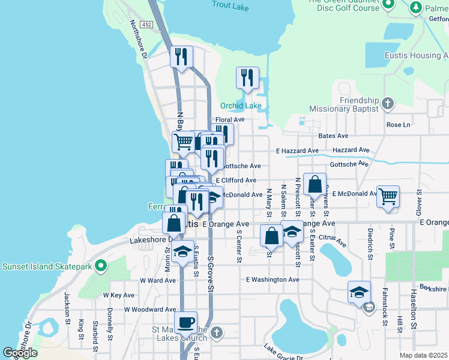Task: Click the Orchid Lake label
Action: coord(241,106)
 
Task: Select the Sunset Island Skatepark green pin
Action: coord(101,265)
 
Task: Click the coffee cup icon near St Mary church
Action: coord(185,322)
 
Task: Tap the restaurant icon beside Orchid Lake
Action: coord(247,77)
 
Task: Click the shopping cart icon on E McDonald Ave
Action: coord(388,196)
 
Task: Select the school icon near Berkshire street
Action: coord(359,292)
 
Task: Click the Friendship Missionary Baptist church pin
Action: coord(388,103)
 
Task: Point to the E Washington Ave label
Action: coord(273,280)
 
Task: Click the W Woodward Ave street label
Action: coord(149,310)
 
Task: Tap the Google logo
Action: coord(20,353)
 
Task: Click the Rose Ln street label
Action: coord(398,125)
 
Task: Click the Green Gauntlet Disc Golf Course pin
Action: coord(388,5)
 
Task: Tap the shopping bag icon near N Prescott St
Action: coord(315,184)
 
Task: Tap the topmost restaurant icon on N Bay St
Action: coord(181,57)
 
